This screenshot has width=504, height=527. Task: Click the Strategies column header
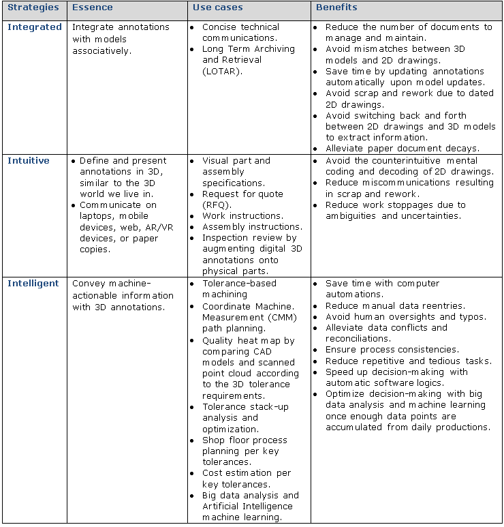click(33, 8)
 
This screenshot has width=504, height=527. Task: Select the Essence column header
click(93, 8)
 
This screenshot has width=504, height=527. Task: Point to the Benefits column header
click(336, 8)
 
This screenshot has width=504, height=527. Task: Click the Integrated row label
click(34, 27)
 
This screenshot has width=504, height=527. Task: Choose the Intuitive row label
click(29, 161)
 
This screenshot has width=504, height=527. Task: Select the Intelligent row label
click(33, 284)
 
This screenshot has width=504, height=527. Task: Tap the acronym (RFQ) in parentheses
click(217, 205)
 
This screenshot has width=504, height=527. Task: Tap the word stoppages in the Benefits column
click(408, 205)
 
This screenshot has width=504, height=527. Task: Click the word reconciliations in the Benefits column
click(358, 338)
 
